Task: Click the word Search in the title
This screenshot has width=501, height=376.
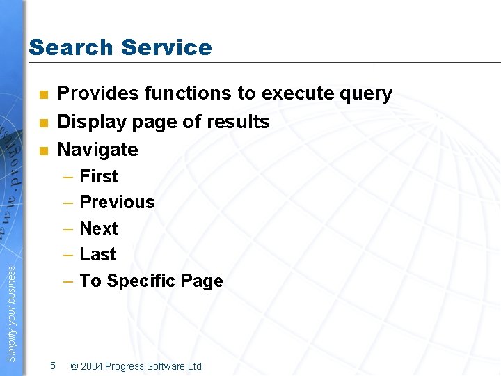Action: point(70,47)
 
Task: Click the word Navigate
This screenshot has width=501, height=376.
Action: point(97,150)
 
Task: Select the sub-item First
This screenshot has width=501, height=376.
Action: point(99,176)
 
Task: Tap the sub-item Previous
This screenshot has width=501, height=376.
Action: point(117,202)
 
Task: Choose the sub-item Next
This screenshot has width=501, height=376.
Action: point(99,228)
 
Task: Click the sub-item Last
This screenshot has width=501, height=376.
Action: point(98,254)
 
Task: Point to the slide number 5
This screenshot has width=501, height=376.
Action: point(53,366)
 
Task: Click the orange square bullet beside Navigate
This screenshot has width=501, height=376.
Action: point(42,150)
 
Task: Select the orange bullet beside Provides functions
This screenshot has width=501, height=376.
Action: point(42,95)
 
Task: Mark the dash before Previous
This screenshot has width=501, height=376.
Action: point(69,203)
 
